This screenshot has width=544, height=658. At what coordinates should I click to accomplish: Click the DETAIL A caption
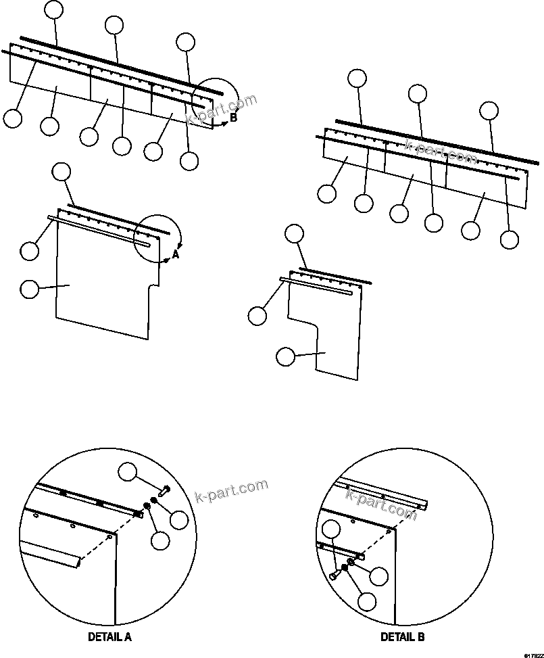(109, 637)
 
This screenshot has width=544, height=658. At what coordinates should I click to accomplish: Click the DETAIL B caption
(403, 637)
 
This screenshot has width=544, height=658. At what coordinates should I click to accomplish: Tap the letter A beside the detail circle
(175, 255)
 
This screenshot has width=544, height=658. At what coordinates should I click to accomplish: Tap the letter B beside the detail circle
(233, 118)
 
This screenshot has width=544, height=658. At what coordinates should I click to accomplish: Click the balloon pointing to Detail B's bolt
(331, 530)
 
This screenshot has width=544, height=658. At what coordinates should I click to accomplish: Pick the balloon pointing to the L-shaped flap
(286, 356)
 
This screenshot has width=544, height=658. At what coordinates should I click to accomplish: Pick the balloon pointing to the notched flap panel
(30, 289)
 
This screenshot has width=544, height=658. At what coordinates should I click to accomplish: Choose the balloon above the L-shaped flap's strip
(293, 234)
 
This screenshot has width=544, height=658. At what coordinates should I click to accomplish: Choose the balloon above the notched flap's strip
(61, 171)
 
